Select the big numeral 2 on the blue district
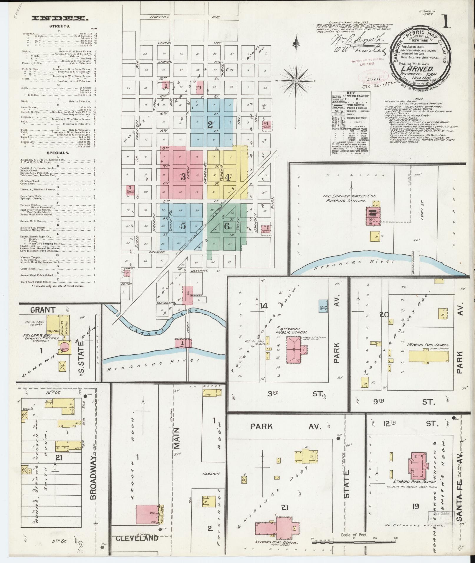tap(210, 124)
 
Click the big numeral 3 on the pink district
tap(183, 177)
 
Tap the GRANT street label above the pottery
tap(43, 310)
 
